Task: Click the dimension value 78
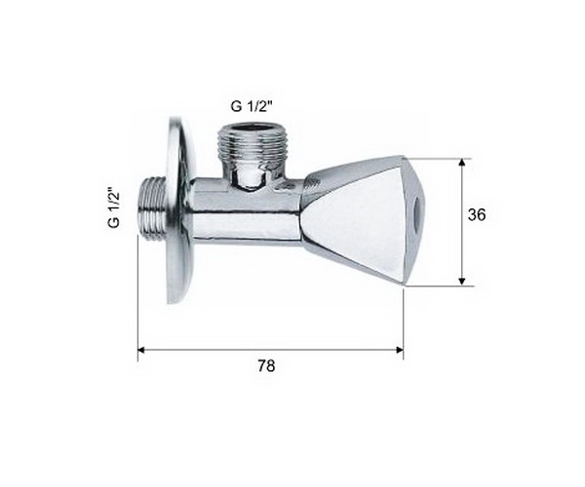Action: pos(266,366)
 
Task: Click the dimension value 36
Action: pos(477,214)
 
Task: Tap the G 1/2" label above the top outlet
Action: pos(253,107)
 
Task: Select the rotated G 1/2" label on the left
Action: pos(114,207)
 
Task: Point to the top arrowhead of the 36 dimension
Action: pos(462,163)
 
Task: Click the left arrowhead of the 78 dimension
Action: pos(141,350)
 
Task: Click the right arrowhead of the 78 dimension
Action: pos(399,350)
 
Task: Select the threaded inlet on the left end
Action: pos(152,207)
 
